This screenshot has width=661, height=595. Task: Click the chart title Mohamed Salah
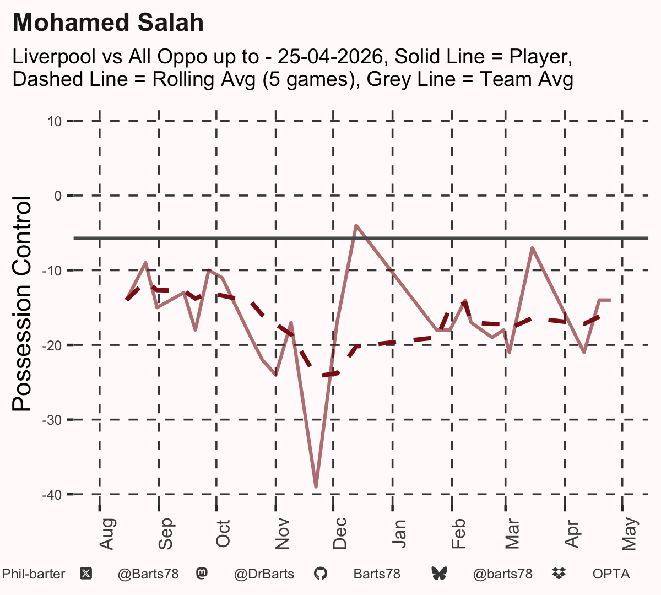pos(108,23)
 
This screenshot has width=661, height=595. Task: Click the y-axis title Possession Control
pos(21,304)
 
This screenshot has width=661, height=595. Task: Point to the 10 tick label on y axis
pos(55,122)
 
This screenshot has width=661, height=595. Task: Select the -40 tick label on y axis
pos(52,495)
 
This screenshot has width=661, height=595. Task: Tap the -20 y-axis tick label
pos(52,346)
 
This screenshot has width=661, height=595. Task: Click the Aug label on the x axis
pos(107,534)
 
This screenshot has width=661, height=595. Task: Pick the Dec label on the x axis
pos(340,533)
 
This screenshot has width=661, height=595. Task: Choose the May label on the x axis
pos(630,534)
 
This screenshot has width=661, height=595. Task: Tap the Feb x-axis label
pos(458,533)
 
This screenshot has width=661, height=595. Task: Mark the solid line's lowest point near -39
pos(316,486)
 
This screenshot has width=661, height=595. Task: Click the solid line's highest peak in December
pos(356,225)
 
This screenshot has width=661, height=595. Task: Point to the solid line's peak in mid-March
pos(533,247)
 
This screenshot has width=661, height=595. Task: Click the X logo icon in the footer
pos(86,574)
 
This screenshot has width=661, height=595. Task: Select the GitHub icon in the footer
pos(321,574)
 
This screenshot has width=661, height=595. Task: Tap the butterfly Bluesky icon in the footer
pos(439,574)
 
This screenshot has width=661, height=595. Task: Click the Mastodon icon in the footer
pos(202,574)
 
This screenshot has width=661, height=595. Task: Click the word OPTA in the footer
pos(611,574)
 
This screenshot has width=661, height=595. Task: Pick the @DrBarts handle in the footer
pos(264,574)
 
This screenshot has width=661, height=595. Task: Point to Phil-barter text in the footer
pos(34,574)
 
